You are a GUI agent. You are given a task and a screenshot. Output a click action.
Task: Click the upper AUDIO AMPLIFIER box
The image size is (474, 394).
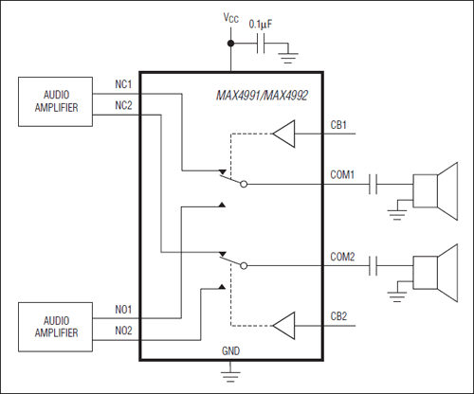(x=54, y=101)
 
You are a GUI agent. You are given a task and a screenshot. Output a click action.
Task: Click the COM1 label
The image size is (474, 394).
(x=343, y=174)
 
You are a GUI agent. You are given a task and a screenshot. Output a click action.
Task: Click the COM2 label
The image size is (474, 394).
(x=343, y=257)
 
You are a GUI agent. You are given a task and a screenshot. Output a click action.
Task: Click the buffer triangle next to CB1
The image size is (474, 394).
(x=284, y=135)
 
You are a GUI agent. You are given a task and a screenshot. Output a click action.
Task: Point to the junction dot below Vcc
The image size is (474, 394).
(x=229, y=44)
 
